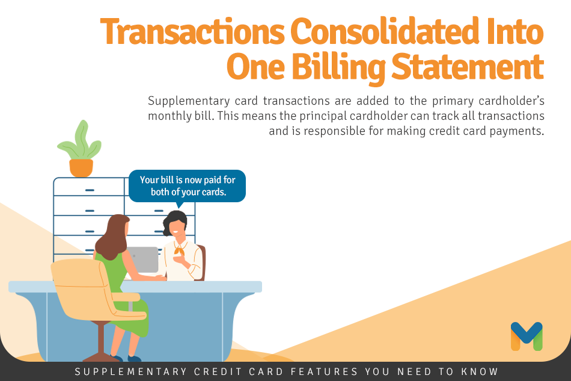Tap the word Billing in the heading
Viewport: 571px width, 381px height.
338,67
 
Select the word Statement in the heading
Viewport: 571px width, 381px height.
468,67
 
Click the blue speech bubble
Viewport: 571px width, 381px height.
187,186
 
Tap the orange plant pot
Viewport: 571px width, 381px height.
81,167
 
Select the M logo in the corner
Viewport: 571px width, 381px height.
527,336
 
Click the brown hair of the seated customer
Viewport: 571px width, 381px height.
112,237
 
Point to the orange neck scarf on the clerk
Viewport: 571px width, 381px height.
179,250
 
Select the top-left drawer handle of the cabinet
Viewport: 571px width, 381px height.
90,190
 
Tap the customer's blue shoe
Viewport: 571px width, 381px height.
134,359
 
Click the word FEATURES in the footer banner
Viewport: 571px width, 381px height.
325,371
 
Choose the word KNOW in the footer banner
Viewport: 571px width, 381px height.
480,371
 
